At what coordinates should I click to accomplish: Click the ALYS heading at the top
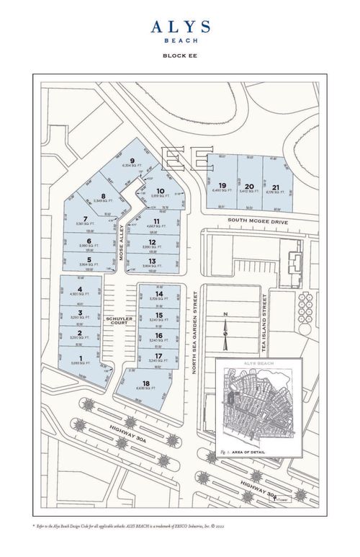pos(180,27)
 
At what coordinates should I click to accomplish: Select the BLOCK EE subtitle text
pos(180,55)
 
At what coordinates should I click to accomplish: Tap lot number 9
pos(132,161)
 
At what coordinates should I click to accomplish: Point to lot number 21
pos(276,185)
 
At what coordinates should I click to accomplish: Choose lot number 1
pos(80,357)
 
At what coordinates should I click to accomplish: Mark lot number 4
pos(80,289)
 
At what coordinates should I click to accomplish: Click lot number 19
pos(222,185)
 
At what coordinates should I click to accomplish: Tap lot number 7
pos(86,219)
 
